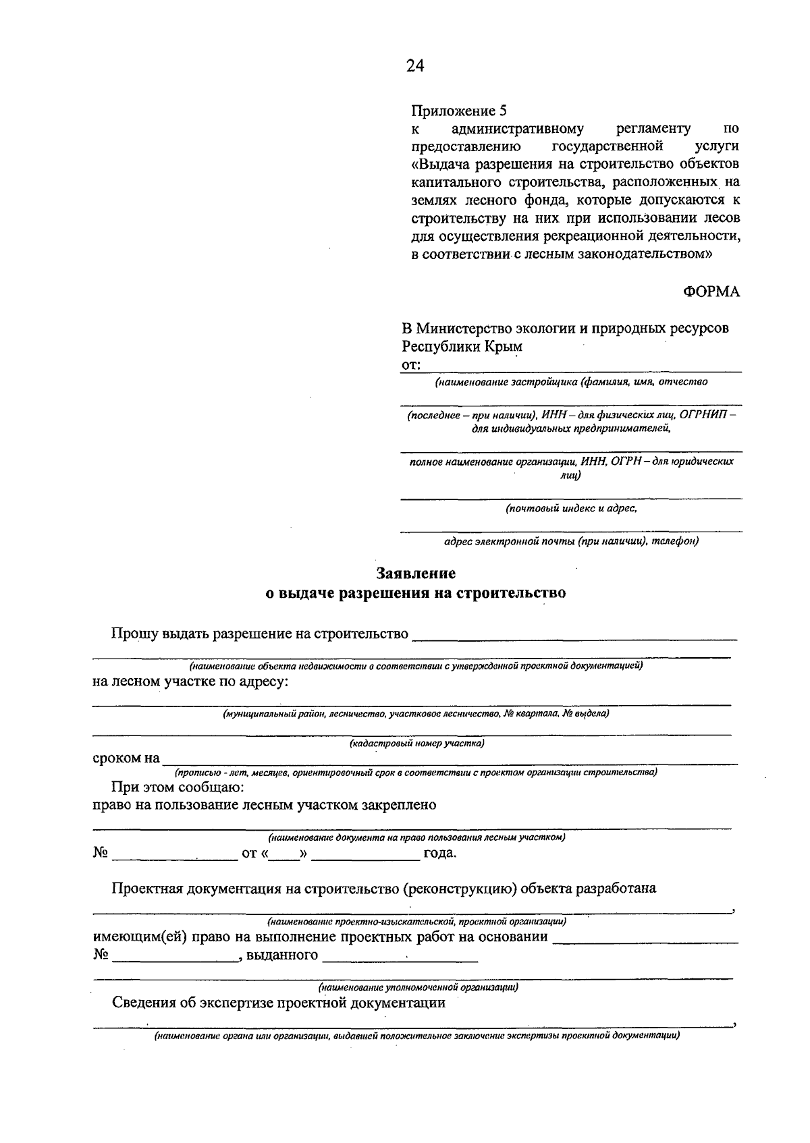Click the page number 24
pos(415,65)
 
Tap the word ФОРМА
pos(711,291)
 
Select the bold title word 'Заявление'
pos(415,574)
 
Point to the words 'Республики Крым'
pos(462,347)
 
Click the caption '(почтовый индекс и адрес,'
pos(571,509)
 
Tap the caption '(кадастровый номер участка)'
pos(416,744)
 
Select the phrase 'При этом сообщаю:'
pos(178,787)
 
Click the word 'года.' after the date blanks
pos(440,854)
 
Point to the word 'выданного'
pos(282,955)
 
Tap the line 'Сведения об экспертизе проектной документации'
pos(278,1003)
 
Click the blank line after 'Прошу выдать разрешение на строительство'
pos(574,635)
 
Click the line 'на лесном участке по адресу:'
pos(190,681)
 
